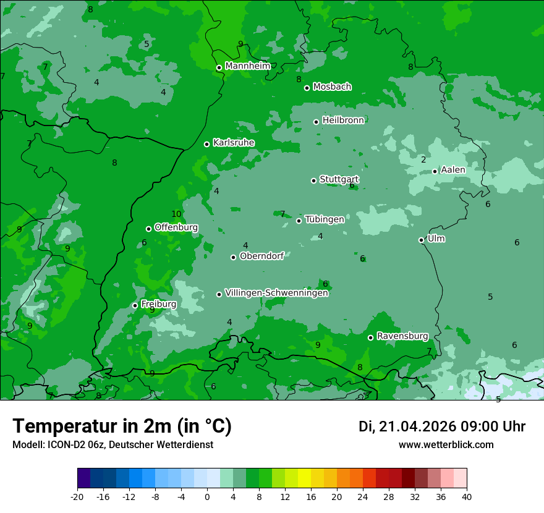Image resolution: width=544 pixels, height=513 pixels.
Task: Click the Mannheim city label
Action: click(247, 66)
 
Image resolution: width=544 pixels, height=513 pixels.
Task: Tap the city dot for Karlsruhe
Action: click(207, 144)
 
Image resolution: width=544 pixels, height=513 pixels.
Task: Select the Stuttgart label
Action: click(339, 179)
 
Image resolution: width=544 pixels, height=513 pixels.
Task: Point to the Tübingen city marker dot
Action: click(299, 221)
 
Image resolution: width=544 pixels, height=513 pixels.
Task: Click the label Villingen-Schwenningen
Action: click(276, 293)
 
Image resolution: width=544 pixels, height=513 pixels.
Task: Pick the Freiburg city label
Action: click(158, 304)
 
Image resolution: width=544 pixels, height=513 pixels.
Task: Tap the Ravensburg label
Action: click(402, 336)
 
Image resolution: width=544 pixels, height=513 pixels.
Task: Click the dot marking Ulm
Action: click(422, 240)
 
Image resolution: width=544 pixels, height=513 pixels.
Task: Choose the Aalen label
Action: click(453, 170)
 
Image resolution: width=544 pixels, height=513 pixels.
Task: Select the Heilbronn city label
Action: click(343, 121)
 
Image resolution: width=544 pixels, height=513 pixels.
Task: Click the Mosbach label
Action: click(332, 87)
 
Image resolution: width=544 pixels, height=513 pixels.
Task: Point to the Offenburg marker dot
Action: click(149, 229)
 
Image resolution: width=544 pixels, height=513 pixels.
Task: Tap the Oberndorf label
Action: click(261, 256)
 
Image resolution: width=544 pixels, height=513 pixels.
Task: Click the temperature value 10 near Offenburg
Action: click(177, 214)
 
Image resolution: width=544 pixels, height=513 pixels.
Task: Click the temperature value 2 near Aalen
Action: click(423, 159)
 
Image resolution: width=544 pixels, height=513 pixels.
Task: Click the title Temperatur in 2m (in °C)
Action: click(122, 426)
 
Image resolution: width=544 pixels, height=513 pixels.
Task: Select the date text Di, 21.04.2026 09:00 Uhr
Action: click(442, 426)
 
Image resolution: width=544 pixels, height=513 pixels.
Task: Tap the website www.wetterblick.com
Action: click(446, 444)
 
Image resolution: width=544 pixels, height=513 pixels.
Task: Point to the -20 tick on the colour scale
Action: click(77, 496)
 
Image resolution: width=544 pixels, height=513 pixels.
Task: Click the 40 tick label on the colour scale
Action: click(467, 496)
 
